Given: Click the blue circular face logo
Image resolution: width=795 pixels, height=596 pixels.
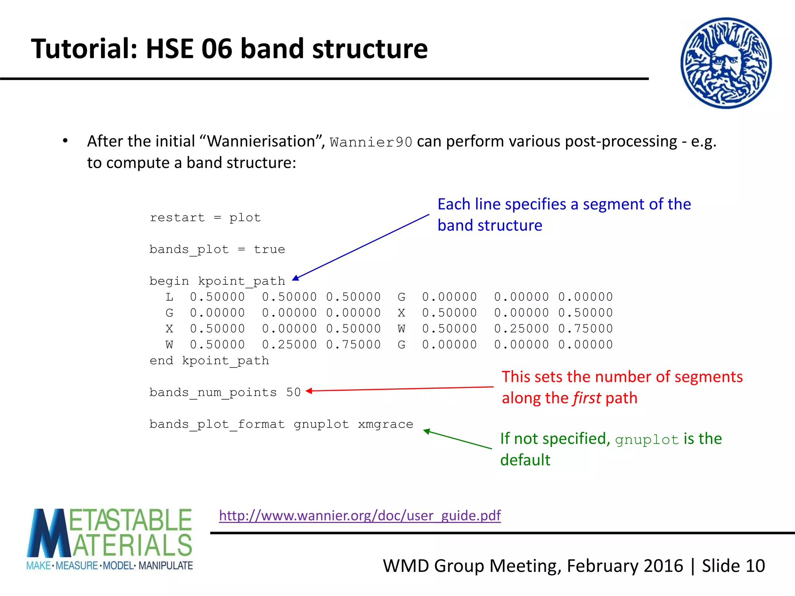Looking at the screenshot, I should click(x=726, y=63).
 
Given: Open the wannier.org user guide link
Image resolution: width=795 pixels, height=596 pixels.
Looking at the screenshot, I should click(x=360, y=515).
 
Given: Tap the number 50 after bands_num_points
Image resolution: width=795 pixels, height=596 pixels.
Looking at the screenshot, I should click(x=293, y=392).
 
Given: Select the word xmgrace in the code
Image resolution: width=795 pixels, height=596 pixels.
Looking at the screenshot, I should click(x=385, y=424).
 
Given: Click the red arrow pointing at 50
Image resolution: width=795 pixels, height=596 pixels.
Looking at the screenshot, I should click(x=400, y=389).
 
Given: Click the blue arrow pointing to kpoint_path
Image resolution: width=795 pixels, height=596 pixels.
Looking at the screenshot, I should click(x=361, y=246).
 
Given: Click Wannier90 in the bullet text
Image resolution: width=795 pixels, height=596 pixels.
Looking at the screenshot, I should click(x=371, y=142).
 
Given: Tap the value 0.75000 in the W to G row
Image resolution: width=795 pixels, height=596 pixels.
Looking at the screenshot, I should click(x=353, y=345).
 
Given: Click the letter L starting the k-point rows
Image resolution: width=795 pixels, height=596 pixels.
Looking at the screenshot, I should click(x=169, y=297).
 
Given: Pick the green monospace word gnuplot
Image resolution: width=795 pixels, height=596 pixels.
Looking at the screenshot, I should click(x=647, y=440).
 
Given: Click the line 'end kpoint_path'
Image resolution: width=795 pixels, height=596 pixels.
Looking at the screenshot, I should click(x=209, y=360).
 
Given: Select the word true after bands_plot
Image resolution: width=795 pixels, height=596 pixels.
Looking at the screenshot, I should click(x=269, y=249).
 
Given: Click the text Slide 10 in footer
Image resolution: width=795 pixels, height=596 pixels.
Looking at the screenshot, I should click(x=733, y=566).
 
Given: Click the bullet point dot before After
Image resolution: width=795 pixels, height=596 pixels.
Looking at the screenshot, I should click(x=65, y=141).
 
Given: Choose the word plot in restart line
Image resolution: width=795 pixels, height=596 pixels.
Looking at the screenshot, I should click(x=245, y=218).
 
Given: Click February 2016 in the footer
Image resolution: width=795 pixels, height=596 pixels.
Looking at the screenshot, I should click(x=625, y=566).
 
